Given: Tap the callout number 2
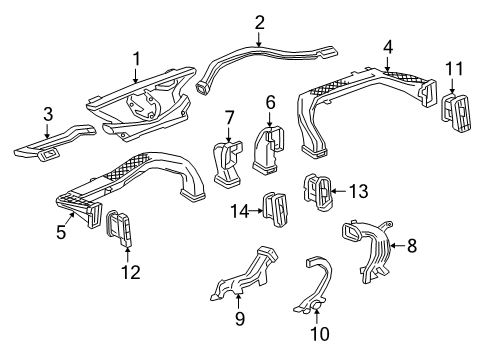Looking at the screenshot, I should pos(259,22).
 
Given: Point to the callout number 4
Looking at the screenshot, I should pos(387,45).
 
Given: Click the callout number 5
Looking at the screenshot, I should pos(59,232).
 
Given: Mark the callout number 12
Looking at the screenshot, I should pos(123,270).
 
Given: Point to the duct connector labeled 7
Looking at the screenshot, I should pos(228,164).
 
